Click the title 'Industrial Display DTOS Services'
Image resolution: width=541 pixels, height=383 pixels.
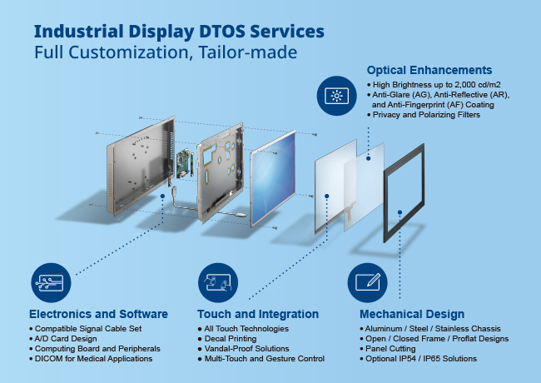pos(179,32)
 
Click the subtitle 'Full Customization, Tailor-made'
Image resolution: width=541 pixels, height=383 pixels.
pos(166,52)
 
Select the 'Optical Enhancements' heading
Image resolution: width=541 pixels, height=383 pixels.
pos(429,70)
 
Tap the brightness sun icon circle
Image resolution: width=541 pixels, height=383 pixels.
pos(336,96)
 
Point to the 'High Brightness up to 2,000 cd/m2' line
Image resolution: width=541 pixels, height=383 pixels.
pos(434,86)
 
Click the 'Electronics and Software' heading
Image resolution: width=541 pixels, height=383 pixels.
pos(98,314)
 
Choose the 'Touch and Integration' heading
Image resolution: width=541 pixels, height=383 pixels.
pos(257,314)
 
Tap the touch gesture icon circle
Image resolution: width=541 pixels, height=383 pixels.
pos(219,281)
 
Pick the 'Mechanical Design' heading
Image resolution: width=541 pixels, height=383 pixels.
pos(411,314)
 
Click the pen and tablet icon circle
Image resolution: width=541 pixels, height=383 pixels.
pos(368,281)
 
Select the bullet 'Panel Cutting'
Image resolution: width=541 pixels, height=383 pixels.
pos(394,349)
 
